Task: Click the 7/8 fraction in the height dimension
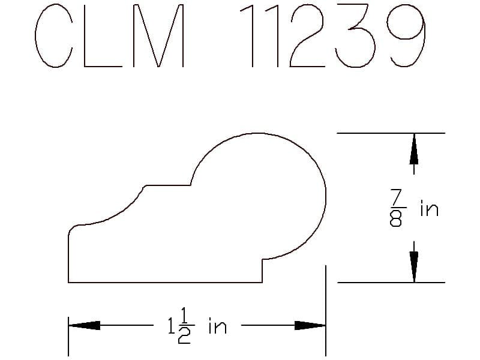[396, 208]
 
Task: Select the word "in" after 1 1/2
[217, 327]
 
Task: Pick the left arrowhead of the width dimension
[84, 326]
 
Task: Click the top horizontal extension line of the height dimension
[390, 133]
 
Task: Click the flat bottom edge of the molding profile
[165, 282]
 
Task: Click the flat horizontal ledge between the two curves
[168, 185]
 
